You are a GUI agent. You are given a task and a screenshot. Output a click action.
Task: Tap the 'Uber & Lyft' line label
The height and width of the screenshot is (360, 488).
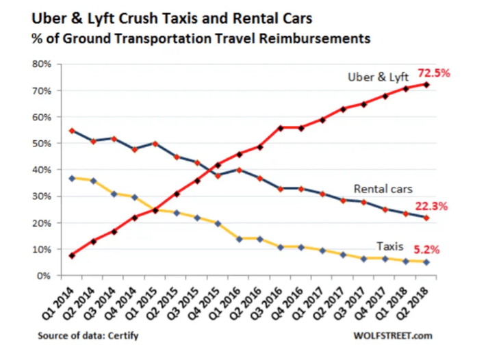coord(377,78)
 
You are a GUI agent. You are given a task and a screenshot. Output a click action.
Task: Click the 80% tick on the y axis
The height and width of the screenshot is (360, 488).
coord(43,64)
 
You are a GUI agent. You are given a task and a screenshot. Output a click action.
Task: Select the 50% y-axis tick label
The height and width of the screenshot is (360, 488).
coord(43,144)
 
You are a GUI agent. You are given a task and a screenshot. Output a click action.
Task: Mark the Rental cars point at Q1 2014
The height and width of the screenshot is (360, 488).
coord(73,131)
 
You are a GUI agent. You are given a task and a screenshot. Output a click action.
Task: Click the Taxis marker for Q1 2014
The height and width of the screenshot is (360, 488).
coord(73,178)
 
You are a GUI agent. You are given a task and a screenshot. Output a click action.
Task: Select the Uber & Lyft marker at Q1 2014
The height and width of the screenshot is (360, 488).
coord(73,255)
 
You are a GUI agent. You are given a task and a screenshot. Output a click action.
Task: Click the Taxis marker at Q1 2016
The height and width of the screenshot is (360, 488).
coord(239,238)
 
